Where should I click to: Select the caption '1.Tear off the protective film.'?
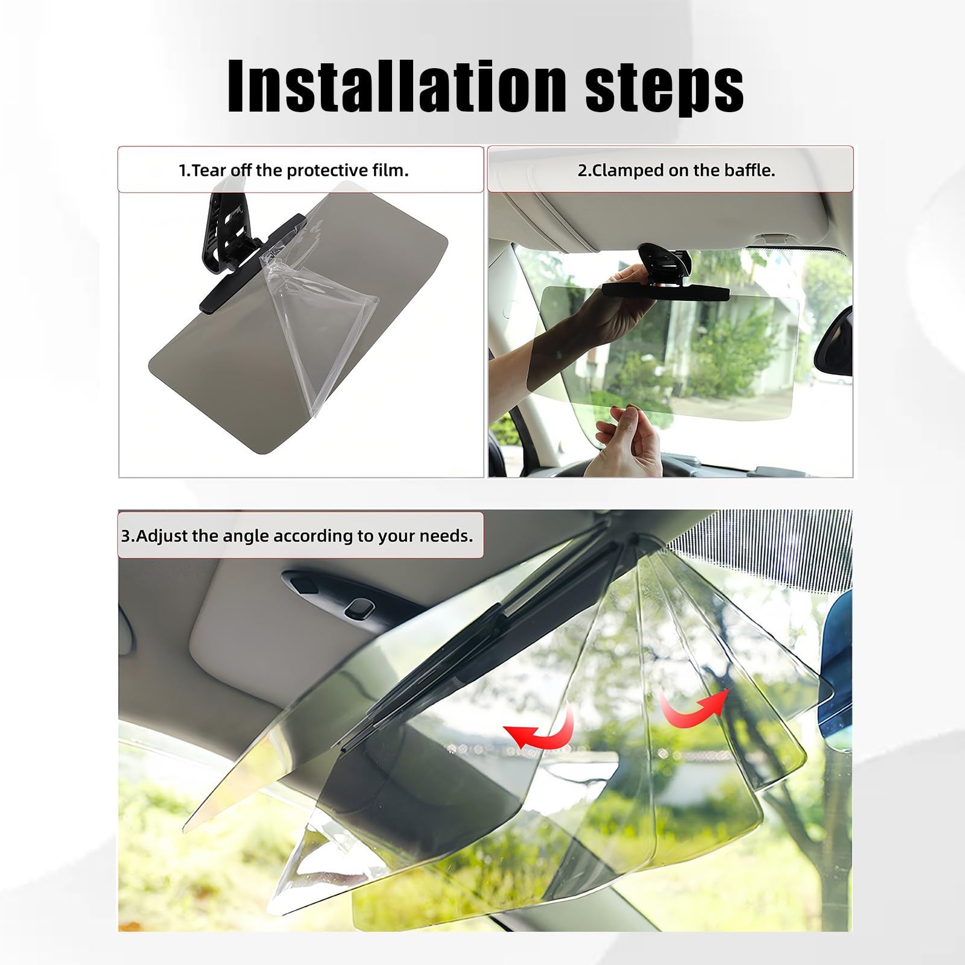(x=294, y=170)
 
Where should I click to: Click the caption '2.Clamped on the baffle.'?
(x=676, y=170)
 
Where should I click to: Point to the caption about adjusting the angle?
(x=297, y=536)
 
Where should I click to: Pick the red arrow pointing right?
(x=694, y=709)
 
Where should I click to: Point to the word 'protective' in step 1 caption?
(x=326, y=171)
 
